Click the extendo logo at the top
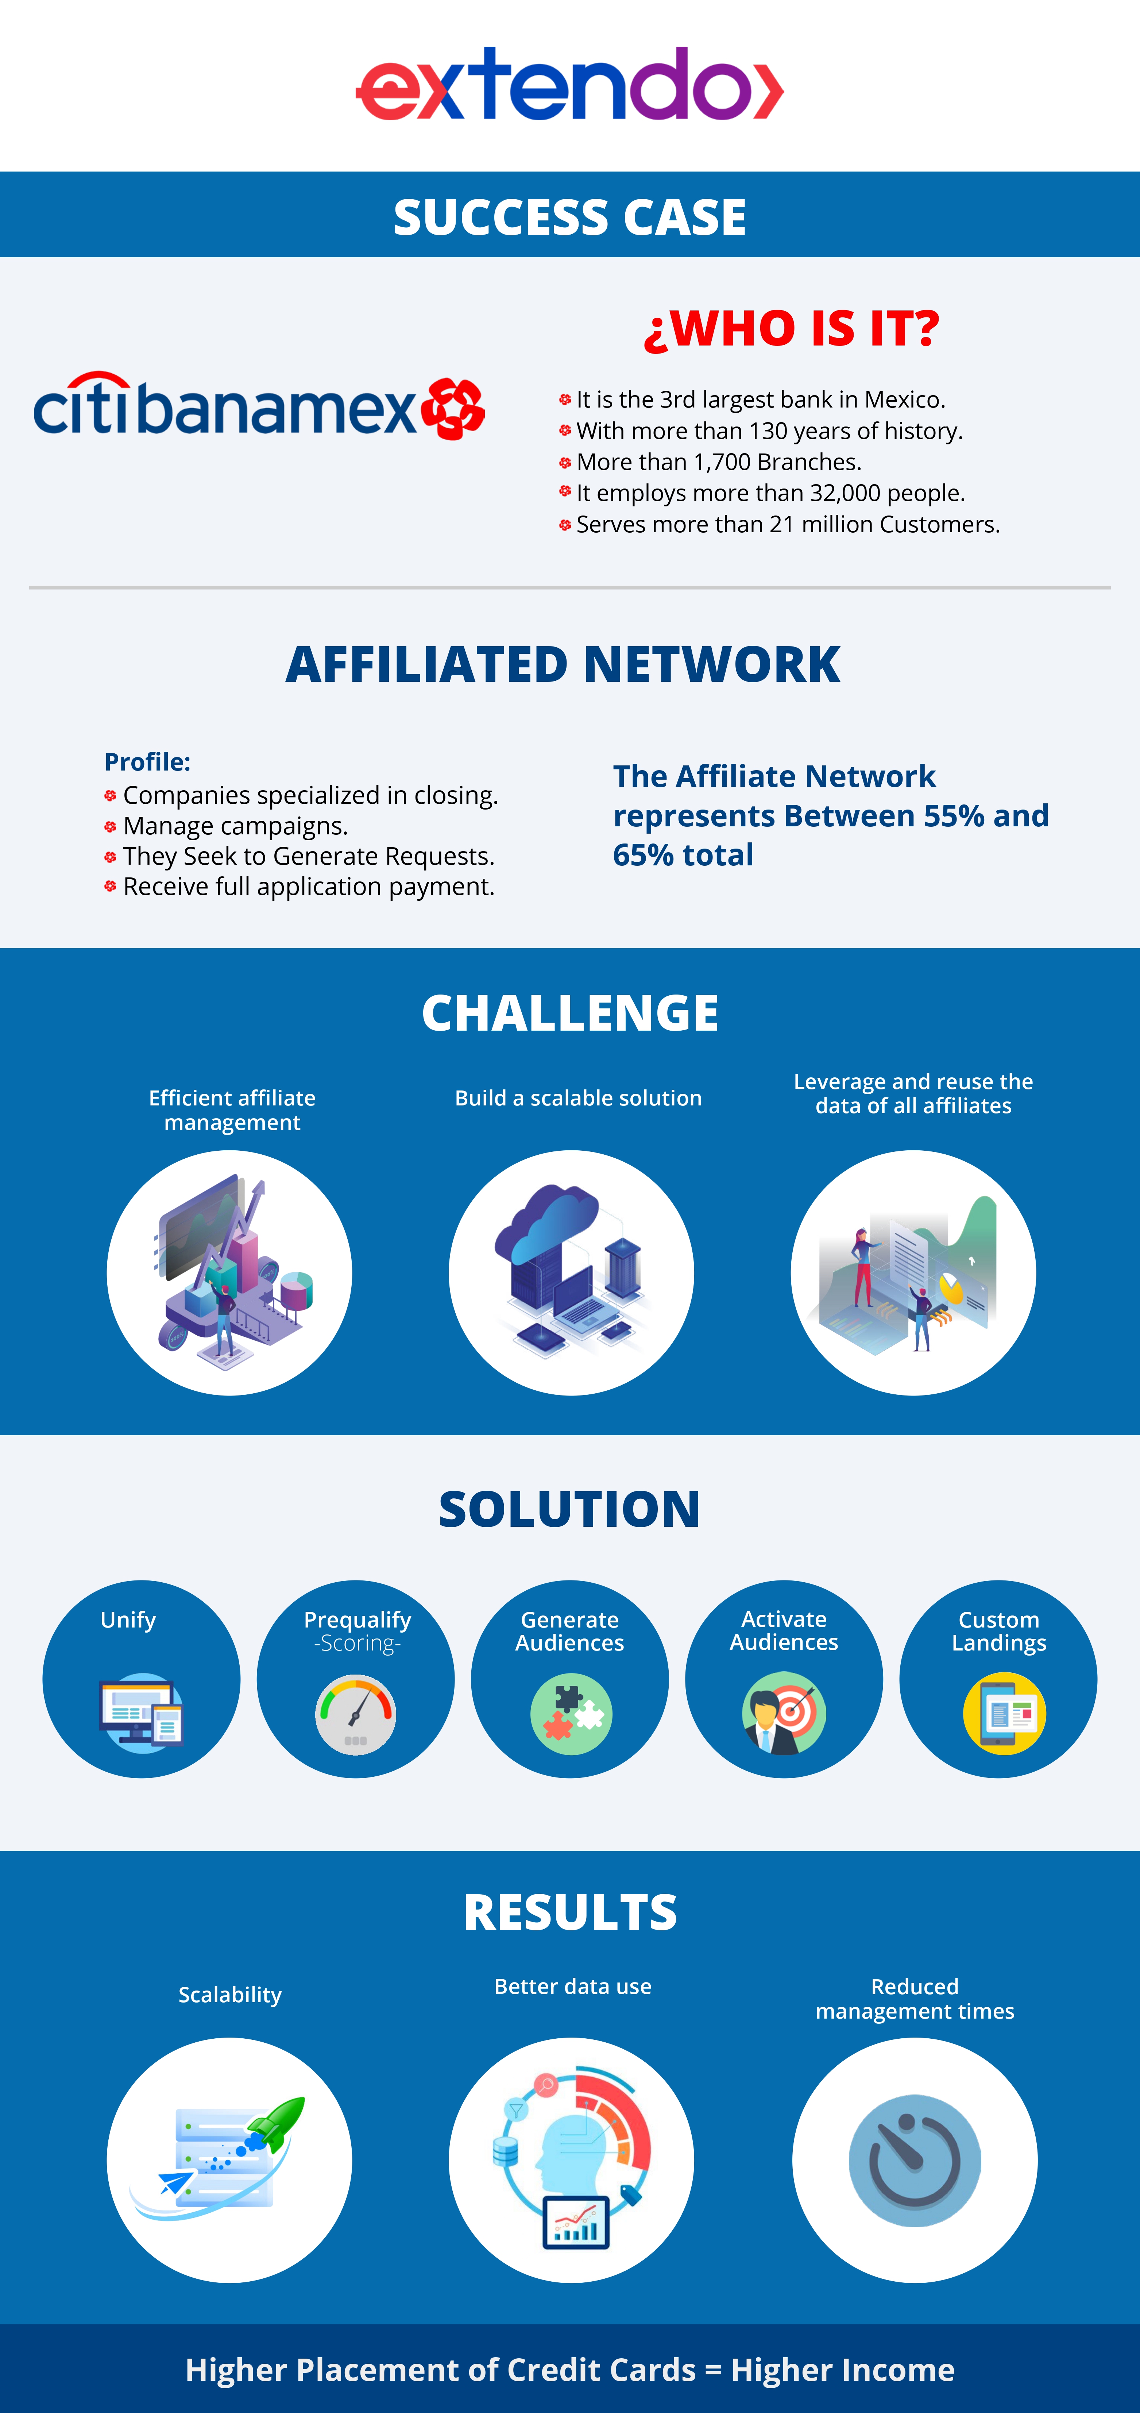(569, 84)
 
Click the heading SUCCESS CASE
(569, 217)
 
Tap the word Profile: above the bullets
(147, 761)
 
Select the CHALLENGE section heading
(569, 1014)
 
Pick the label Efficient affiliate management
(232, 1110)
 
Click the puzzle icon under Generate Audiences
(571, 1714)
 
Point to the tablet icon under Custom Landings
(1004, 1714)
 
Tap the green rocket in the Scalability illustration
(274, 2124)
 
